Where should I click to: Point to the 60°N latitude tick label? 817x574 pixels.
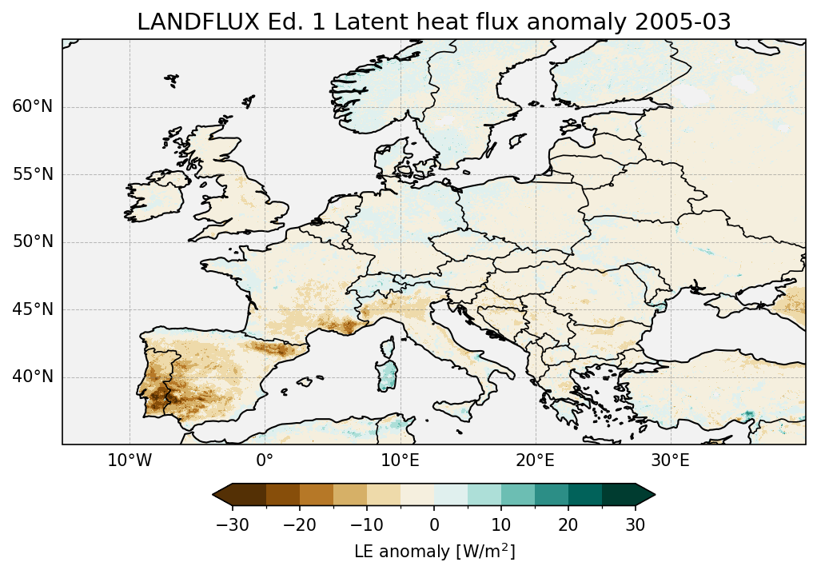[x=33, y=107]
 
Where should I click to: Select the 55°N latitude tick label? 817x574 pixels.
[x=33, y=175]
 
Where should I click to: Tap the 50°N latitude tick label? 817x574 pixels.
[x=33, y=242]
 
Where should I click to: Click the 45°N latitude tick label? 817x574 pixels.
[x=33, y=309]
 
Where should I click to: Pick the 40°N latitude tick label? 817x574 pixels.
[x=33, y=377]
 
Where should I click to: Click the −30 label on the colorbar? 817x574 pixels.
[x=232, y=524]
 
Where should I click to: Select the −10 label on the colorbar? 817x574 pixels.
[x=366, y=524]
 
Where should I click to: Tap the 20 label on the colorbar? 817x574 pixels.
[x=568, y=524]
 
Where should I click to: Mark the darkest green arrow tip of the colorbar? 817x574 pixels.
[x=646, y=495]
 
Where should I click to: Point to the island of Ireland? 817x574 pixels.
[x=152, y=197]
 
